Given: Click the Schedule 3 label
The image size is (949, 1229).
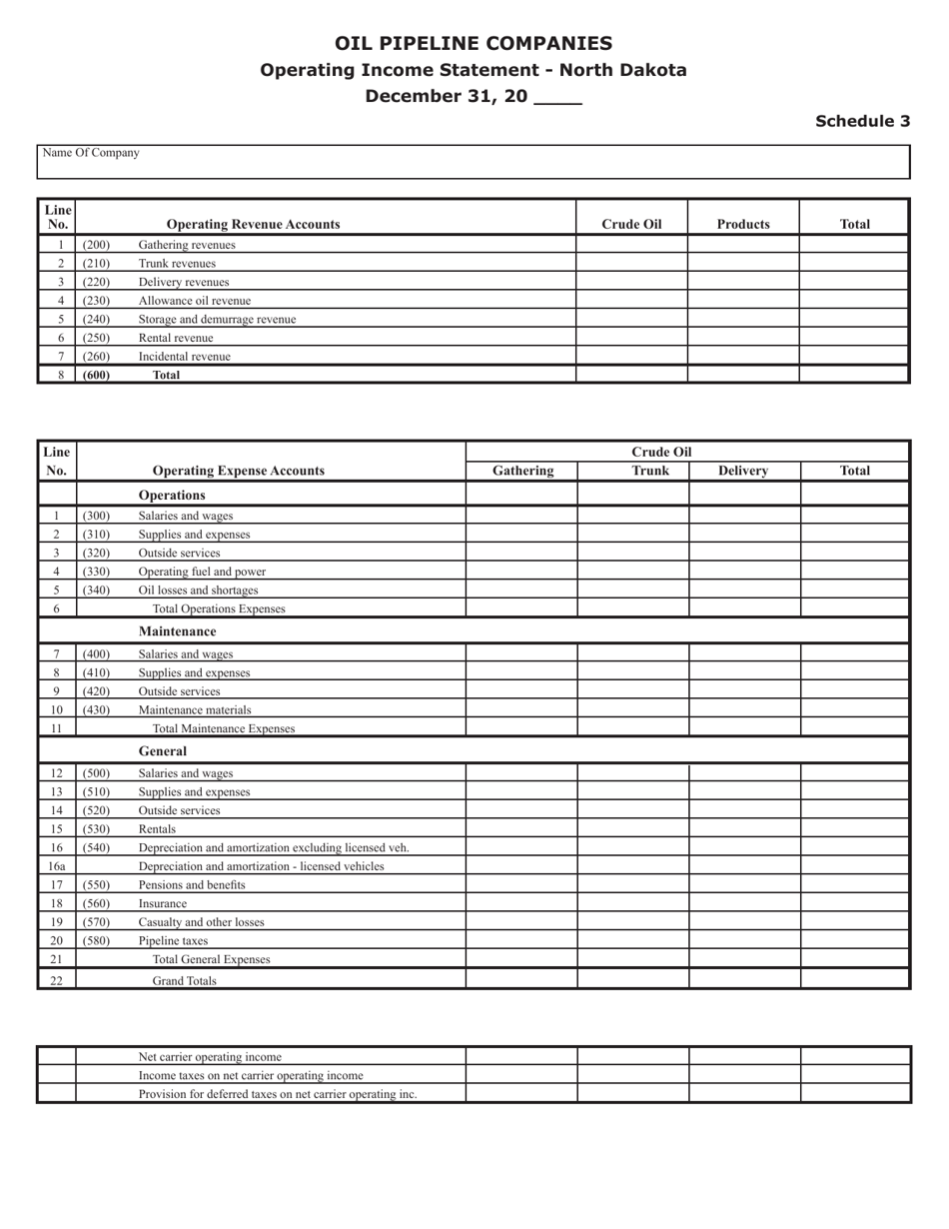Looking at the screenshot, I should point(862,121).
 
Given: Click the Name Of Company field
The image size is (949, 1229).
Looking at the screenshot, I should point(474,162).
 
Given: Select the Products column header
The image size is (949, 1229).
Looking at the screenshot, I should point(743,224).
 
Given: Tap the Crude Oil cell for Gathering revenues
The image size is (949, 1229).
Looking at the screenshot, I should point(631,245).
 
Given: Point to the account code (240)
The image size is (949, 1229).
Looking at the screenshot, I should point(96,319).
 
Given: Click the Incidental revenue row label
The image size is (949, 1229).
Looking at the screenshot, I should point(184,356).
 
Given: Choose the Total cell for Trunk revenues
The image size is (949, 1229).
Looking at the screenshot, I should point(854,263).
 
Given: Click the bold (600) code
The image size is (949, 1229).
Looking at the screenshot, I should point(96,375).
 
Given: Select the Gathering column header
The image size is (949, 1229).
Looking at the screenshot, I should point(522,470).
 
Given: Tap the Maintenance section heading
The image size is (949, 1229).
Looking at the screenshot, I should point(177,631).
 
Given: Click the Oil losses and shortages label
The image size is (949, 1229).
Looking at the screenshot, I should point(198,590).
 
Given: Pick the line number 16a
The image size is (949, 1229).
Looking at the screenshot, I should point(57,866).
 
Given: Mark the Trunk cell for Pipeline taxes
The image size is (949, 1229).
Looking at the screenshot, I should point(633,940).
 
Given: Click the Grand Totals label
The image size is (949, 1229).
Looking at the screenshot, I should point(184,980).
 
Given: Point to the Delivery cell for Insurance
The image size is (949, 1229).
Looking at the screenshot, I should point(744,903).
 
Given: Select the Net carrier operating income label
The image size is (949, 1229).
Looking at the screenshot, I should point(210,1056).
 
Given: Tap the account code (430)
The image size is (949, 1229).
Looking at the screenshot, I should point(96,709).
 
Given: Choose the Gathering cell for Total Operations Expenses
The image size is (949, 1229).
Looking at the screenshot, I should point(521,608).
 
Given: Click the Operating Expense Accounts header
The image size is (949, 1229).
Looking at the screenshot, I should point(238,471).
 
